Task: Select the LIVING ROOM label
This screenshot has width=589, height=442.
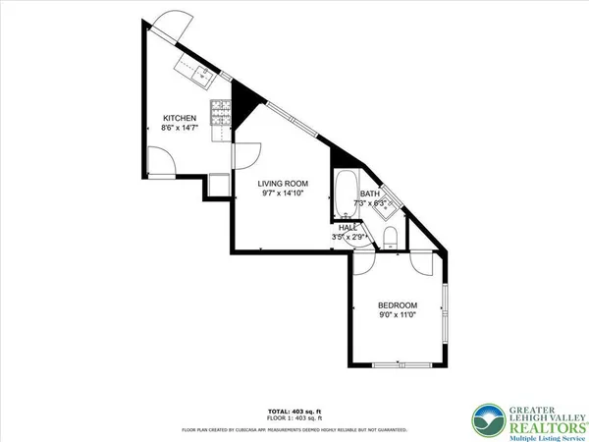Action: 284,184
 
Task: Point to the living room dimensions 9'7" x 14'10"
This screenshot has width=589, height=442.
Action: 284,193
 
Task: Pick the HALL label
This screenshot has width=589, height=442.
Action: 348,228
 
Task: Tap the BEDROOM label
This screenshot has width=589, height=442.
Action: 398,304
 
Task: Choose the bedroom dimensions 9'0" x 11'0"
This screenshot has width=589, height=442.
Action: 398,315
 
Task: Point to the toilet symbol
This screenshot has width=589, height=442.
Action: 390,237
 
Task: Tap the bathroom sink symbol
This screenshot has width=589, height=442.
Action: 389,203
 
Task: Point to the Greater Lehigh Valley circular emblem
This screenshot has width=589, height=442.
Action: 485,417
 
